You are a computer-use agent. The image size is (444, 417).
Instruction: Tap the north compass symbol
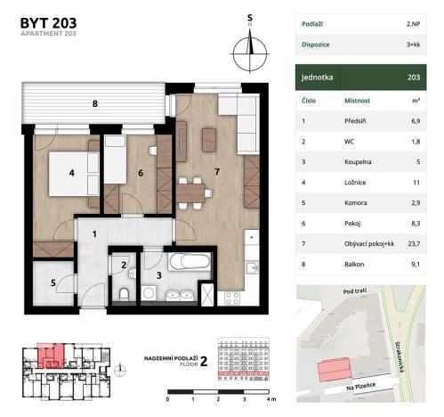tap(250, 48)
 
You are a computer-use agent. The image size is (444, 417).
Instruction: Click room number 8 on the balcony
tap(95, 103)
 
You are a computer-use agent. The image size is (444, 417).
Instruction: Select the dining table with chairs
tap(193, 189)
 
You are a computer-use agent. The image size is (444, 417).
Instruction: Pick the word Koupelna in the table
tap(357, 161)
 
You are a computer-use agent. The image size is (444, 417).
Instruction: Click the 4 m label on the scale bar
tap(272, 400)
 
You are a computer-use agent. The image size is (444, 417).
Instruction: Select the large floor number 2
tap(204, 361)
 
